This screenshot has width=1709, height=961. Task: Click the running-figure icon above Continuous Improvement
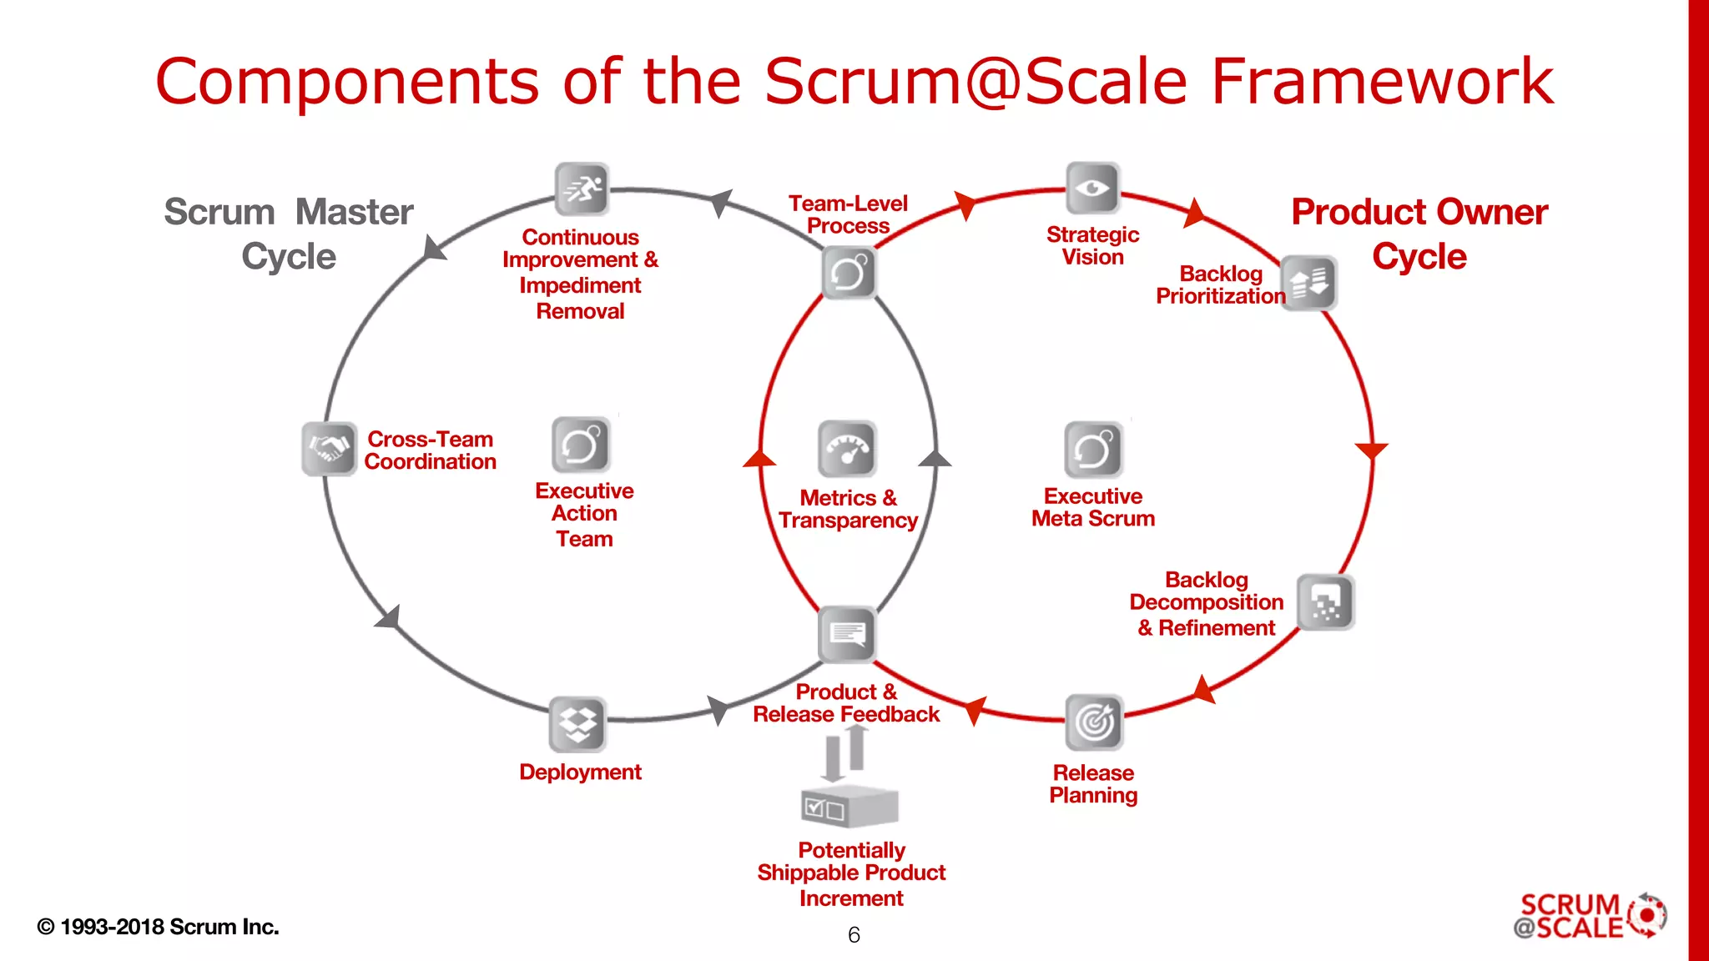tap(582, 189)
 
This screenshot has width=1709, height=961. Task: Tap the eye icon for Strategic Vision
tap(1092, 188)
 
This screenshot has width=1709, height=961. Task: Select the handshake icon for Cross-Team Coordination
tap(330, 449)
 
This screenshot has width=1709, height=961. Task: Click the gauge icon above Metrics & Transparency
tap(847, 449)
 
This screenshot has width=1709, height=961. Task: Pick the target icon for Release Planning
tap(1094, 722)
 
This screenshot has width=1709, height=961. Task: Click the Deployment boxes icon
tap(577, 724)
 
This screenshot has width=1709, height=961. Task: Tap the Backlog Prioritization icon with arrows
tap(1308, 283)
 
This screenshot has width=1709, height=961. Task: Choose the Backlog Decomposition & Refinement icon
tap(1325, 601)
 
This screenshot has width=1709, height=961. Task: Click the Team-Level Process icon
tap(849, 273)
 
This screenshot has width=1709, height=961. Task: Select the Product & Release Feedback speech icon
tap(847, 634)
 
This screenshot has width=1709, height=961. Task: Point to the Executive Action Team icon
tap(581, 444)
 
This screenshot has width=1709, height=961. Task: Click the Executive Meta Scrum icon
tap(1093, 449)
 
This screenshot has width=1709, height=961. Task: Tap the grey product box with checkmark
tap(849, 806)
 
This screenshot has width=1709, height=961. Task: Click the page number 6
tap(854, 935)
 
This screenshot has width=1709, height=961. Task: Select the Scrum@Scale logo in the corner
tap(1589, 916)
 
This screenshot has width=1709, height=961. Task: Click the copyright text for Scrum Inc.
tap(159, 927)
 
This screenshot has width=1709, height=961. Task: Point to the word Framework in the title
tap(1382, 81)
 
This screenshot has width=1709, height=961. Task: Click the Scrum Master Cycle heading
tap(289, 234)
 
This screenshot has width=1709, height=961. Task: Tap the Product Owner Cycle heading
tap(1419, 234)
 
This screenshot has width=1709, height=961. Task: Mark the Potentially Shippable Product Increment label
tap(851, 873)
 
